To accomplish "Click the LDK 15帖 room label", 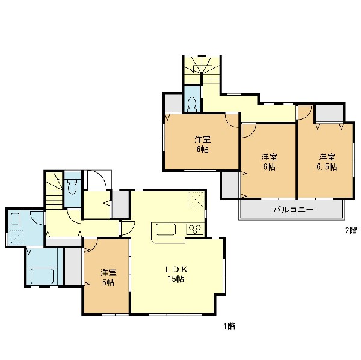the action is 177,274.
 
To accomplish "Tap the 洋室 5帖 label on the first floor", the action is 108,278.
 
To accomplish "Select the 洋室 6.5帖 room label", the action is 327,162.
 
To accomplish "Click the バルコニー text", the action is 294,210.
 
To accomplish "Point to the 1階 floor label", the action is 229,326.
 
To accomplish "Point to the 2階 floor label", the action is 351,230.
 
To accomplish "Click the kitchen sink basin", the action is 166,229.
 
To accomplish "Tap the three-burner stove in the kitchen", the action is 195,229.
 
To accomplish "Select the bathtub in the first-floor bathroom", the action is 42,276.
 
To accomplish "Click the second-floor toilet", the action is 192,104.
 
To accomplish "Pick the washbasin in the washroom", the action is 15,220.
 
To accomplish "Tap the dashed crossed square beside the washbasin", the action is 16,237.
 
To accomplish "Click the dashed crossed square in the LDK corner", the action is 196,200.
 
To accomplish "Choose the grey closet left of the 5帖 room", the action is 73,267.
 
